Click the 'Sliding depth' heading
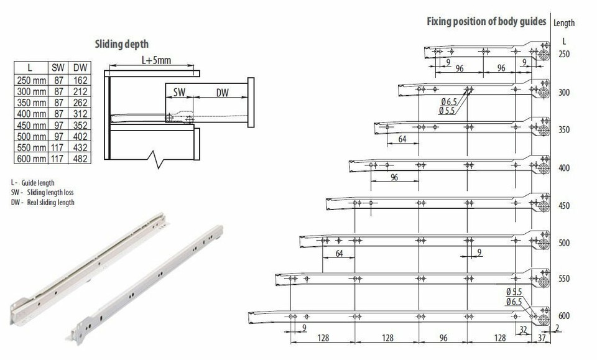tap(121, 44)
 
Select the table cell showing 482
tap(81, 159)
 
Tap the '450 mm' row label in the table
tap(30, 125)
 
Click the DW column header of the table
tap(81, 68)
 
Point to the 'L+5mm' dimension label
tap(155, 61)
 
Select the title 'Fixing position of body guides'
tap(486, 21)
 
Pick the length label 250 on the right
tap(564, 55)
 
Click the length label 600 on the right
tap(564, 316)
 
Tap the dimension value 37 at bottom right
tap(542, 338)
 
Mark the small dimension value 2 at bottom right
tap(557, 328)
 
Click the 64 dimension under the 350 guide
tap(402, 139)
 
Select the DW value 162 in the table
tap(81, 80)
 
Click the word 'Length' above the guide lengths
tap(563, 24)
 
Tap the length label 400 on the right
tap(564, 168)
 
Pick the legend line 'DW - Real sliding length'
tap(42, 202)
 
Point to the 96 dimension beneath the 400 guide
tap(394, 177)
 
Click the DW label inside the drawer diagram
tap(222, 93)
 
